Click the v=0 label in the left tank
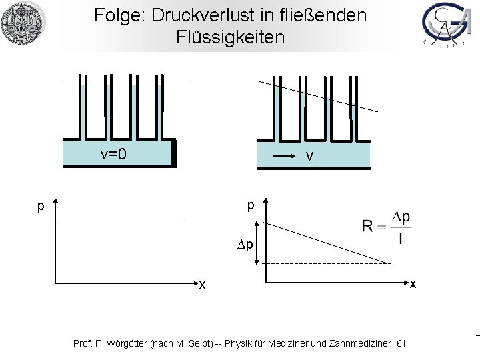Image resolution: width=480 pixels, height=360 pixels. click(113, 155)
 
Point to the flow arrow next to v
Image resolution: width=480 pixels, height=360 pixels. click(285, 157)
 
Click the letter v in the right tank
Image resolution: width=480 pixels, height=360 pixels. click(309, 157)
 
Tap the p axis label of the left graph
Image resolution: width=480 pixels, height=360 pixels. click(41, 206)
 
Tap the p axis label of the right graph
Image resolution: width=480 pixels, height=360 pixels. click(251, 206)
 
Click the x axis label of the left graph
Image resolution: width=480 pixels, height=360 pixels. click(202, 285)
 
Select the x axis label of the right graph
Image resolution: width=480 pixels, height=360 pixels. click(413, 285)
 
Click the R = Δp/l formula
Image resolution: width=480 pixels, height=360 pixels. click(387, 229)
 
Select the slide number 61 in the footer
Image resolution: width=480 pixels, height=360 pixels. click(401, 343)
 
